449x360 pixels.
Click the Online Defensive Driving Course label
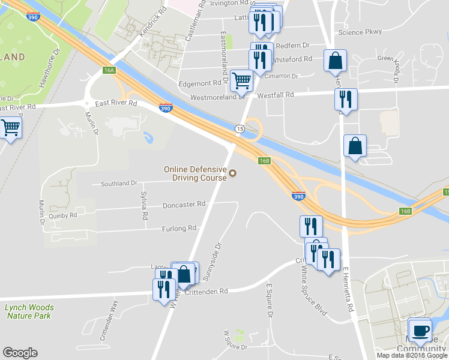click(x=195, y=173)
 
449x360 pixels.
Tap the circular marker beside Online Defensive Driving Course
click(x=233, y=174)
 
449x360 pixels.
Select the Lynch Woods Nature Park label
click(x=29, y=311)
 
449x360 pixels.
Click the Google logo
click(x=20, y=353)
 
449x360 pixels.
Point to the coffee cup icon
click(x=420, y=330)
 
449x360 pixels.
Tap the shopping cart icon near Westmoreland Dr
click(x=241, y=80)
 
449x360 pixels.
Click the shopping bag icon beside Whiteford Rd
click(x=335, y=61)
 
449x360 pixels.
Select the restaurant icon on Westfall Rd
click(x=345, y=98)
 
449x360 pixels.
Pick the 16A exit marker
click(x=109, y=70)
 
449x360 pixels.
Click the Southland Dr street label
click(x=119, y=183)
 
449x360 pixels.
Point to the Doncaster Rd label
click(x=184, y=204)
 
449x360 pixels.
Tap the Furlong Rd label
click(x=179, y=229)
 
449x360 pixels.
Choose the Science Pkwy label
click(x=360, y=32)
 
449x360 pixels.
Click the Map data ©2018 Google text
click(x=412, y=355)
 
